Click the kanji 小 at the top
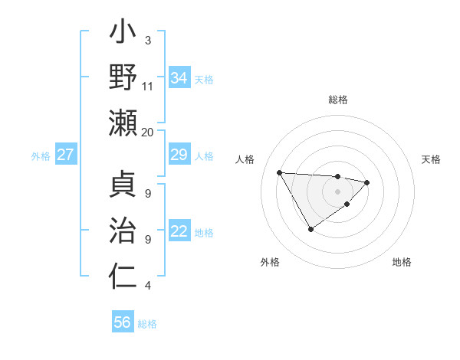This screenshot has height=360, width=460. point(123,34)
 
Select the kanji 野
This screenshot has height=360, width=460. point(123,78)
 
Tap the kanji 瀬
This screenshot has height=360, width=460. point(123,123)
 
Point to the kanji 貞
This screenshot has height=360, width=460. point(123,187)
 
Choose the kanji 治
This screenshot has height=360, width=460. point(123,232)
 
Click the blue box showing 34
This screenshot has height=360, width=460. point(179,77)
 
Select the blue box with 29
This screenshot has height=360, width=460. point(179,155)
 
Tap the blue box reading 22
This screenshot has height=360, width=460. point(179,232)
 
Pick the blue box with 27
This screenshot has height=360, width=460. point(66,155)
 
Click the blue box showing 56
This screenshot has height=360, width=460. point(123,322)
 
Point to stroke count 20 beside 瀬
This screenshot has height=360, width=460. point(148,132)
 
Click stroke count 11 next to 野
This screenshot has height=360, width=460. point(148,87)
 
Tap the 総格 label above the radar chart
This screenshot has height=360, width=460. point(338,100)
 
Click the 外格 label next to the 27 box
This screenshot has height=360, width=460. point(41,155)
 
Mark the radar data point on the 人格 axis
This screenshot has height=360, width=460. point(280,172)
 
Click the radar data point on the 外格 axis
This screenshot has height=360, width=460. point(310,229)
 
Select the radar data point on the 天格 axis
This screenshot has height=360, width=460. point(367,182)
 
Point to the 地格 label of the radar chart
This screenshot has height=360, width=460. point(402,262)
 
